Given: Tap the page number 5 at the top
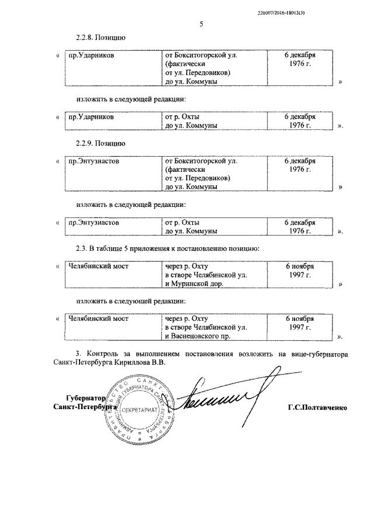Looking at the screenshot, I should [201, 24].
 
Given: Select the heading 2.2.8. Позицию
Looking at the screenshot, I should [101, 37].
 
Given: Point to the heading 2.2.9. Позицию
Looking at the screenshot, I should [101, 143].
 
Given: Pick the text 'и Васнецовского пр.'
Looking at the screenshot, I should [198, 337].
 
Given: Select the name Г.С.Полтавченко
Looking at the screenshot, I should [317, 406].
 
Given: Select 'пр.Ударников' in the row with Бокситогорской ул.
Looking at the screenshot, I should [91, 55].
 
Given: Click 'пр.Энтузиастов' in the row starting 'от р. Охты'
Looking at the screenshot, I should [94, 223].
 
